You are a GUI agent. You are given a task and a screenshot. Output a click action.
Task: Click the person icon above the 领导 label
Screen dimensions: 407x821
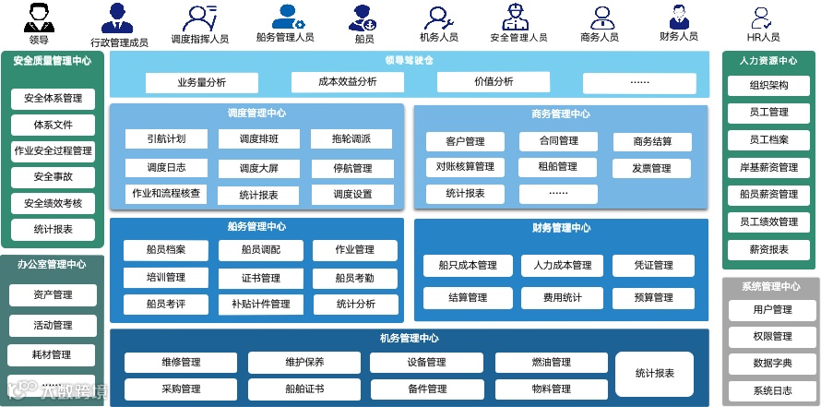(39, 16)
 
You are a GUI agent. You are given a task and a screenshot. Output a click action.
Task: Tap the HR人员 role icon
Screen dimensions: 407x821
(762, 17)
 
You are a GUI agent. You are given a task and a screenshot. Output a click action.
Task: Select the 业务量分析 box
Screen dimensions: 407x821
(201, 82)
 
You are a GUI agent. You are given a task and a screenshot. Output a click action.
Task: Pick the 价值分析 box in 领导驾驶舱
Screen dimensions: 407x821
(494, 82)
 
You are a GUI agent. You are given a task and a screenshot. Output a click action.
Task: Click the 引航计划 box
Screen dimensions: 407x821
(166, 139)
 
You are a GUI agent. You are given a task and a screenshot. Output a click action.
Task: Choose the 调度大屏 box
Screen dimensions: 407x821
(257, 168)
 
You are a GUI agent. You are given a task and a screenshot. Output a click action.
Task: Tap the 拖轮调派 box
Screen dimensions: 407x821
(352, 139)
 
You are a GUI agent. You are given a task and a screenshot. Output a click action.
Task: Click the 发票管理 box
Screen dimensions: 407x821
(651, 169)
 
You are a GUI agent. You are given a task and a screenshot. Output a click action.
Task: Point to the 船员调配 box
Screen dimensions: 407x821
(259, 250)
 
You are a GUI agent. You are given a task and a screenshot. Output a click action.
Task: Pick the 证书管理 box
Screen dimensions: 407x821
(261, 278)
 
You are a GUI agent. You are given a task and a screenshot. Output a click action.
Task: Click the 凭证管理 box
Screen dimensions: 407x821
(653, 266)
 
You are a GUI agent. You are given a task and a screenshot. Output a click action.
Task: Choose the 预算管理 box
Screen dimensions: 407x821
(653, 298)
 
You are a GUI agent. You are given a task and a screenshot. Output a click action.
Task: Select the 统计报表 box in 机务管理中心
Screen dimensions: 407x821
(654, 374)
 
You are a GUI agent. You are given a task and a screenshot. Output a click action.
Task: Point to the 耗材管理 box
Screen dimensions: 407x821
(52, 355)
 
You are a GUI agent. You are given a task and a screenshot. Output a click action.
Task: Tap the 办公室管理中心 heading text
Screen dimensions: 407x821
(52, 265)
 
